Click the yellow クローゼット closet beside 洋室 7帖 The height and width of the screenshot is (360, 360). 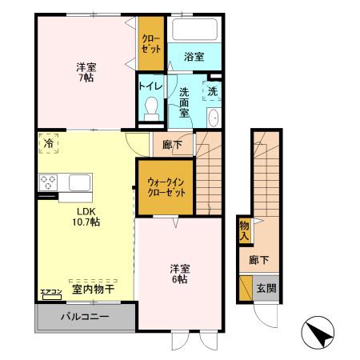point(150,43)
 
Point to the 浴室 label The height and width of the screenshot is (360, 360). point(193,57)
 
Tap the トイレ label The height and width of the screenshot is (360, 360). point(150,86)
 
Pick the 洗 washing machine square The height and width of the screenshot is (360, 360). point(212,90)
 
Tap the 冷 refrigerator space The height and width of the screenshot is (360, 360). point(48,144)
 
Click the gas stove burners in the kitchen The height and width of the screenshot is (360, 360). point(48,182)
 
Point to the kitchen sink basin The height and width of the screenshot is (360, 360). point(79,182)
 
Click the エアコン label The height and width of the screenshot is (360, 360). point(50,292)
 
